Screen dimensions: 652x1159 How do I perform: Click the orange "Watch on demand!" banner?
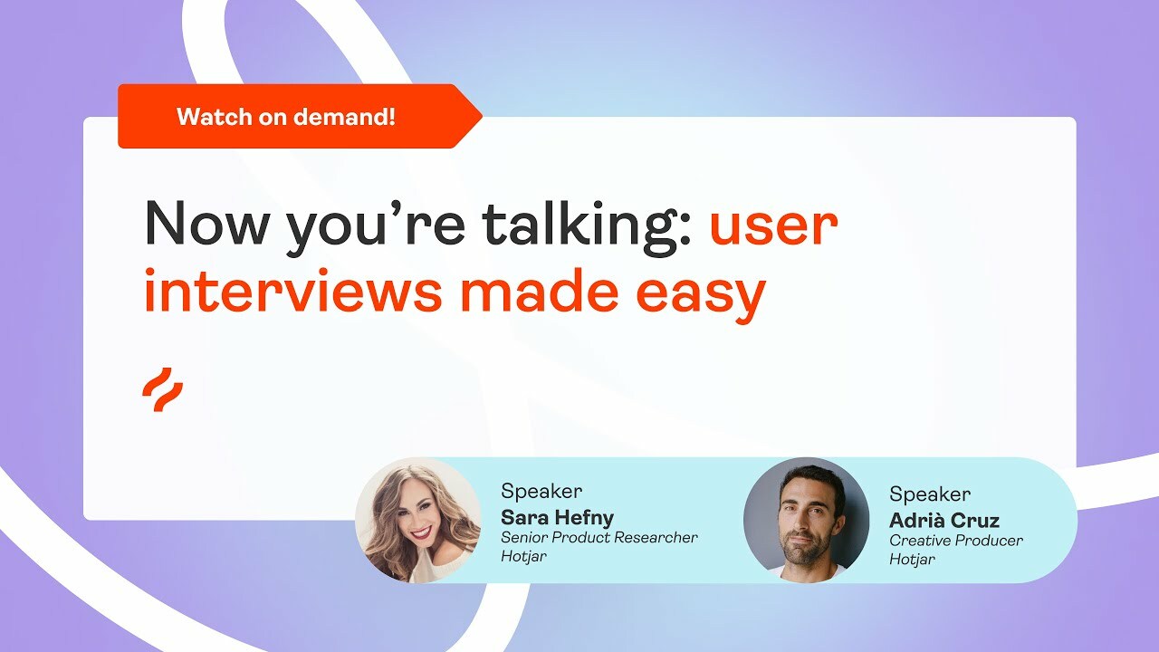tap(290, 116)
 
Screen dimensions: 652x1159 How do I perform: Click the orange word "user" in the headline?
tap(773, 225)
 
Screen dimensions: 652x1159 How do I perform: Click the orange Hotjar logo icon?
tap(163, 390)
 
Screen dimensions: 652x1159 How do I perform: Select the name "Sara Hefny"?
tap(557, 517)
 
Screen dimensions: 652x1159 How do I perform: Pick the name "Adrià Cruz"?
tap(944, 520)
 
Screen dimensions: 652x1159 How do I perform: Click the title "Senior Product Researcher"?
tap(599, 537)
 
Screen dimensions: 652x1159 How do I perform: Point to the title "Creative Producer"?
tap(956, 540)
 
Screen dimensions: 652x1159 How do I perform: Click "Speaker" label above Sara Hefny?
tap(541, 492)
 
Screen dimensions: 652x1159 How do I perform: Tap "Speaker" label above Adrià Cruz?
tap(930, 494)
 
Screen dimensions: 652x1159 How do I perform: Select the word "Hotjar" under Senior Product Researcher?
tap(524, 556)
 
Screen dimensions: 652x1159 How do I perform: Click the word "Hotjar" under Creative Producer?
tap(912, 559)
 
